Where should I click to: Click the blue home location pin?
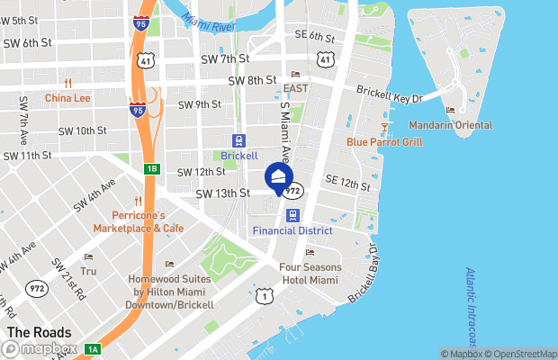(279, 175)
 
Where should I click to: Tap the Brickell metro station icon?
(238, 141)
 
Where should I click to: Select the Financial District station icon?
(292, 216)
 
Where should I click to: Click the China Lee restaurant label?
(67, 97)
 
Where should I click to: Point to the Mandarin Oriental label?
(450, 124)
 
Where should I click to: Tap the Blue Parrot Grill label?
(384, 141)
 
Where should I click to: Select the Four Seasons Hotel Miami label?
(310, 274)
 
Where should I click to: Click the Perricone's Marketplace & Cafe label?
(148, 221)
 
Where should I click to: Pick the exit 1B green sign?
(151, 168)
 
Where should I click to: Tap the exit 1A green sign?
(93, 349)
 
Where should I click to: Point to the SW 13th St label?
(222, 193)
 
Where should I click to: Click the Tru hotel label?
(88, 270)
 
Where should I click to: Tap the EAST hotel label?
(295, 88)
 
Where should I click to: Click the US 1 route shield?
(264, 296)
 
